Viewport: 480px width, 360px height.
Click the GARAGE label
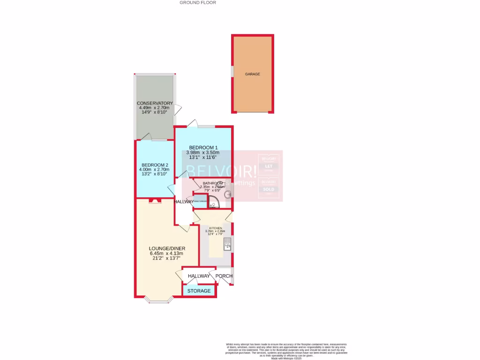pos(252,74)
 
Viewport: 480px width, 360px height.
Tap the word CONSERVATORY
pos(155,103)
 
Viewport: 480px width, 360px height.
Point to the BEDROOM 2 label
pos(155,165)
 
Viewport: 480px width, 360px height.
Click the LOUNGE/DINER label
pos(167,248)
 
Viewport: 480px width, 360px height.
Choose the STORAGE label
pos(199,291)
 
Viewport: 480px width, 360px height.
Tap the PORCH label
pos(224,276)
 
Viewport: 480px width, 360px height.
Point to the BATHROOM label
pos(213,183)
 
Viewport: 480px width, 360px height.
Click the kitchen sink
pos(227,244)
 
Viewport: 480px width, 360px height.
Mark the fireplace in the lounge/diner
pos(154,201)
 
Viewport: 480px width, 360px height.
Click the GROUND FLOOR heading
pos(198,3)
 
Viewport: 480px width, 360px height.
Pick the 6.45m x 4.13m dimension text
pos(167,254)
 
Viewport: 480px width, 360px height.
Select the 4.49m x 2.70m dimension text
pos(155,108)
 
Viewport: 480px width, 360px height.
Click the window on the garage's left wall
pos(232,70)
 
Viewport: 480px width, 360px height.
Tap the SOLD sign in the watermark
pos(269,189)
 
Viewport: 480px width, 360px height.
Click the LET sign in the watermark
pos(269,166)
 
